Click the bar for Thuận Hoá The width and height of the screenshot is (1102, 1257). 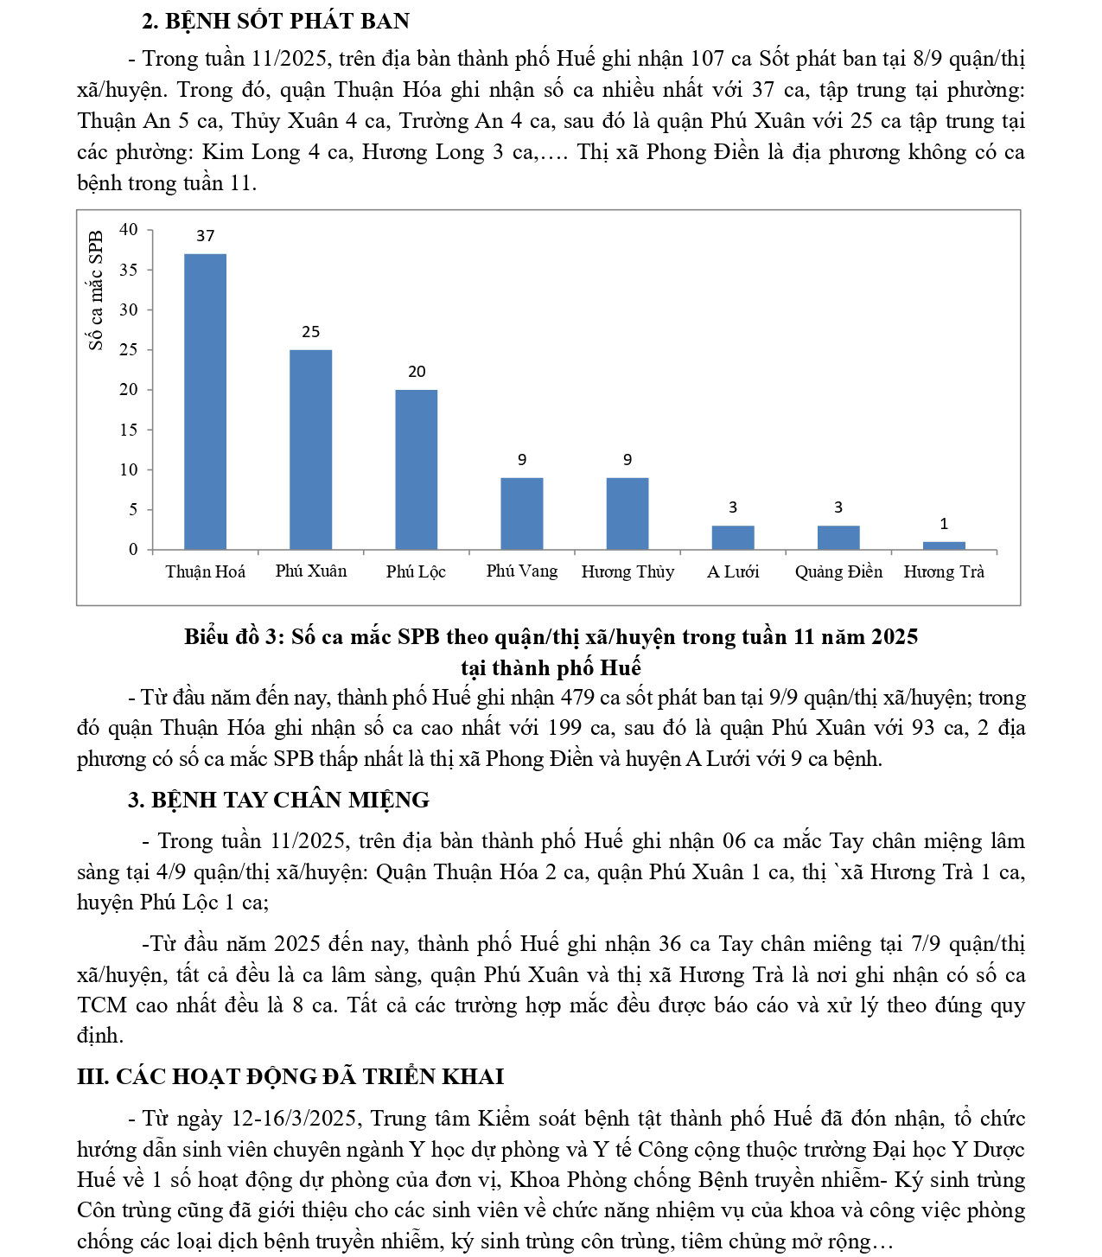coord(206,402)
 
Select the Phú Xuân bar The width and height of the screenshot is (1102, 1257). coord(311,450)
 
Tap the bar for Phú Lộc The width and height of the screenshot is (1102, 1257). coord(417,469)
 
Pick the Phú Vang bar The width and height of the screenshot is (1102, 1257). coord(522,514)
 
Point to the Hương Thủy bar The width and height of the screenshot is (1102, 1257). coord(627,514)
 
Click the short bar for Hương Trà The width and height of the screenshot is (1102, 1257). coord(944,546)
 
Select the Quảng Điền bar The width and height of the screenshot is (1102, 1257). coord(838,538)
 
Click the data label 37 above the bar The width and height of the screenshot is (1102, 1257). coord(206,236)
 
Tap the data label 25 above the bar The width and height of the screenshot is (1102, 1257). coord(311,332)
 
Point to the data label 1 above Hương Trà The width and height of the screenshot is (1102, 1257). coord(944,524)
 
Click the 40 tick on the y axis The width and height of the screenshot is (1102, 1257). coord(129,229)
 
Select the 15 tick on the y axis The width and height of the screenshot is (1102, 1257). coord(129,430)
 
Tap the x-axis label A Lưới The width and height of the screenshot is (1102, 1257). coord(733,571)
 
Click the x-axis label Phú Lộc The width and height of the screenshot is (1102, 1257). coord(416,571)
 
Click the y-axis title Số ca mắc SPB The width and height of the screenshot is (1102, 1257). coord(96,290)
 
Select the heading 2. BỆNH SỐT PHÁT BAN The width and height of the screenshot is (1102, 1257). coord(276,21)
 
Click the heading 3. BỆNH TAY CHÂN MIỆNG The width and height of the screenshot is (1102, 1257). coord(278,800)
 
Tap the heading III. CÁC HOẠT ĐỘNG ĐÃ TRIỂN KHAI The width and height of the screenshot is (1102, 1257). coord(290,1076)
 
